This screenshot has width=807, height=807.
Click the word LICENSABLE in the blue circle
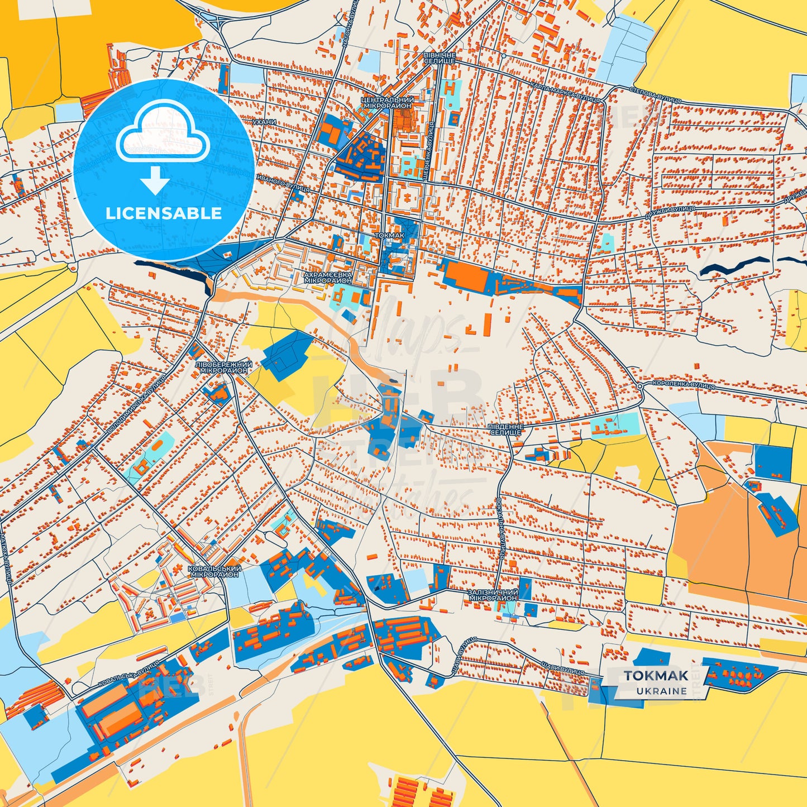164,213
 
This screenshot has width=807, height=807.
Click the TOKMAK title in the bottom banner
656,676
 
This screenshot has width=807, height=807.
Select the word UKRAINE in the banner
661,691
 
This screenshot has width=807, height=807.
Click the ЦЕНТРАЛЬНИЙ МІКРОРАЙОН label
388,102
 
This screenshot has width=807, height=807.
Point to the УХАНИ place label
264,122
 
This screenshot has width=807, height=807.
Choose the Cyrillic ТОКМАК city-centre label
390,236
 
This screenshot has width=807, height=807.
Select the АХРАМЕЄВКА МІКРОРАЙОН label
328,278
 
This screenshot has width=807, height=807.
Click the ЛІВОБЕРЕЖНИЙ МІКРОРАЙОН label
223,367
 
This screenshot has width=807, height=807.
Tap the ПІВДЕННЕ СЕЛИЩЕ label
505,429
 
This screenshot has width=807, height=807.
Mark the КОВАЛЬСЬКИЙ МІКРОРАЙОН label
214,571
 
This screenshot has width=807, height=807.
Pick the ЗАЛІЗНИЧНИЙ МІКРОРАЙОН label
493,594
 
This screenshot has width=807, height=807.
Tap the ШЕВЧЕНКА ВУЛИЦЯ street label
430,144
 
